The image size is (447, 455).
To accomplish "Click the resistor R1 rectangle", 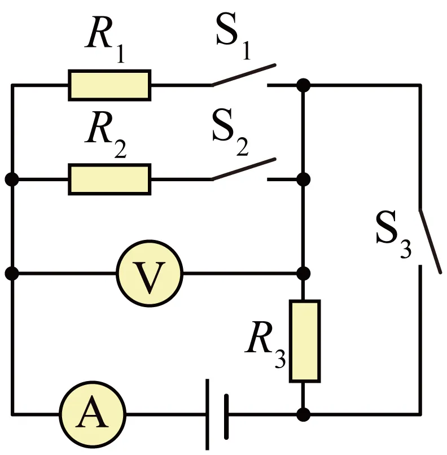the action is coord(109,85).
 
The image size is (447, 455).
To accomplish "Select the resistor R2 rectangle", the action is coord(109,180).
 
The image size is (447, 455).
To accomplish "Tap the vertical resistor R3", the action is coord(305,341).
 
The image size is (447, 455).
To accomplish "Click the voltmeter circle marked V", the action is coord(150,273).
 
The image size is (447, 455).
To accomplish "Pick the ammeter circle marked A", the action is coord(93,414).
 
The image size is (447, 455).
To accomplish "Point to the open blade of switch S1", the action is coord(243,75).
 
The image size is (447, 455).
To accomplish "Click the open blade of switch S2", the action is coord(243,169).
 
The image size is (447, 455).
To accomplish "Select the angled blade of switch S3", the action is coord(430,241).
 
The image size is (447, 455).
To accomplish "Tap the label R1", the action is coord(105,39).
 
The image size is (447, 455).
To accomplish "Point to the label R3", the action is coord(265,344).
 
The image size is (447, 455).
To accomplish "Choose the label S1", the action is coord(233,36).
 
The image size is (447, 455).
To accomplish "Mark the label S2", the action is coord(230,132).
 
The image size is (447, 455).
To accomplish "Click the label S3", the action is coord(393,234).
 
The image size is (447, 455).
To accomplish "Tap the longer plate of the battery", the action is coord(207,414).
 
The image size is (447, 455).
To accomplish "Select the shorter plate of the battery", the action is coord(226,417).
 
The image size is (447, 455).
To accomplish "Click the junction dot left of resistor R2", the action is coord(12,180).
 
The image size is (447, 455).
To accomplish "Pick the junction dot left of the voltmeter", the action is coord(12,273).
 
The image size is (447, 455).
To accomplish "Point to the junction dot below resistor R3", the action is coord(304,414).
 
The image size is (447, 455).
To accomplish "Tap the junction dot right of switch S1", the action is coord(304,85).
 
